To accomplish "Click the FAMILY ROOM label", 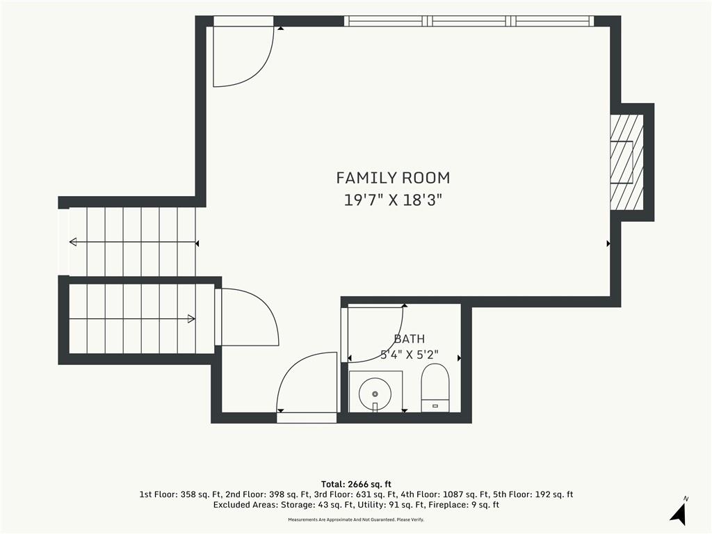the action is tap(393, 177).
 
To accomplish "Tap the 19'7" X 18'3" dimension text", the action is tap(393, 200).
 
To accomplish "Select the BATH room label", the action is tap(410, 339).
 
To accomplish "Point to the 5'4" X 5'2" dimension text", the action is tap(409, 355).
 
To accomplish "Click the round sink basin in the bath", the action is tap(375, 394).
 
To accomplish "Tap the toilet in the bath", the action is tap(435, 388).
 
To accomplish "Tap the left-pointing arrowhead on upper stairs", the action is tap(72, 242).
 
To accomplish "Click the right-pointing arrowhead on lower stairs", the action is tap(192, 318).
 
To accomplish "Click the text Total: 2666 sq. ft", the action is tap(356, 484).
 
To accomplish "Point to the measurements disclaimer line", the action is tap(356, 519).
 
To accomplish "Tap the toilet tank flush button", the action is tap(435, 405).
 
